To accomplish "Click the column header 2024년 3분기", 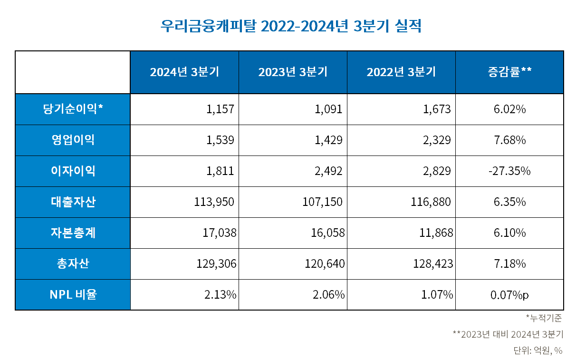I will (184, 72).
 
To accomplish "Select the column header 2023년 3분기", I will (293, 72).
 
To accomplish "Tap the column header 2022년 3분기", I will (401, 72).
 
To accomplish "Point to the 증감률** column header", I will (509, 72).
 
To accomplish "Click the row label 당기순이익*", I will (73, 109).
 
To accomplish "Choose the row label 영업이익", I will (73, 140).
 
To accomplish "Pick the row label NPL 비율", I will (73, 295).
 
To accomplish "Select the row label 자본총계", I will (73, 233).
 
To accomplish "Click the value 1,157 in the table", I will (221, 109).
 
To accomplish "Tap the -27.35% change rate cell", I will (509, 171).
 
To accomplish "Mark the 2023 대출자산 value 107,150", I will (322, 202).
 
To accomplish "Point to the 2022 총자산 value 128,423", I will (432, 264).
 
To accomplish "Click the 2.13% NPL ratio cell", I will (221, 295).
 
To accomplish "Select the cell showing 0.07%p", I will (509, 295).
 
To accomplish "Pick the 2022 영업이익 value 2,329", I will (437, 140).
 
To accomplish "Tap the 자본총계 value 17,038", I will (216, 233).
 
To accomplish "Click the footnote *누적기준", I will (544, 319).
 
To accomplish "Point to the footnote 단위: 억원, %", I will (538, 350).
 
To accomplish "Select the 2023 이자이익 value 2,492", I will (328, 171).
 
